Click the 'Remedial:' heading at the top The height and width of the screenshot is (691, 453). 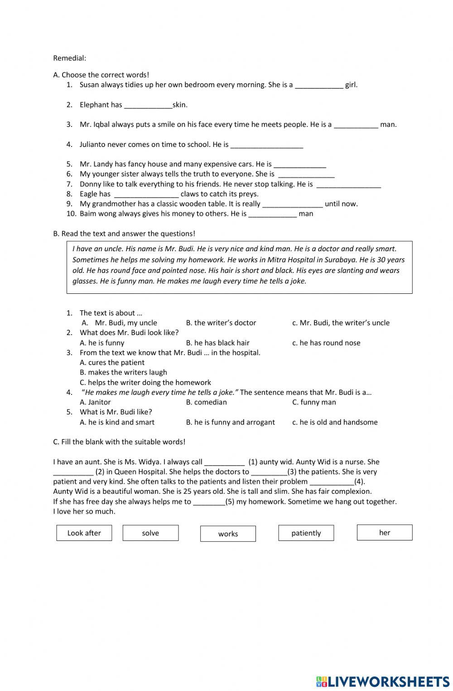click(x=69, y=58)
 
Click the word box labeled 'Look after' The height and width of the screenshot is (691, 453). click(x=84, y=533)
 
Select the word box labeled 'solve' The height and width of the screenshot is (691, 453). click(x=150, y=533)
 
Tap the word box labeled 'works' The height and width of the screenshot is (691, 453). click(x=228, y=534)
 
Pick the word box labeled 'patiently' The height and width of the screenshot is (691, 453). click(x=306, y=533)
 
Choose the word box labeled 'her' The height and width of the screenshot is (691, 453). click(x=385, y=532)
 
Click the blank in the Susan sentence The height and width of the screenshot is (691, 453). click(x=319, y=85)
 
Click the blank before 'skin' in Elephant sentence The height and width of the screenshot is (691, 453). click(x=148, y=105)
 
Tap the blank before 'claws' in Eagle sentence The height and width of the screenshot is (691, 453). click(x=146, y=195)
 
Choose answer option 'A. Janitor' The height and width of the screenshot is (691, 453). click(x=95, y=402)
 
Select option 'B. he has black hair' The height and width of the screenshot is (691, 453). click(x=217, y=343)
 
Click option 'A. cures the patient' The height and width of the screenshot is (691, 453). click(x=112, y=362)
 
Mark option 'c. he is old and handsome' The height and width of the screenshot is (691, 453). click(x=335, y=422)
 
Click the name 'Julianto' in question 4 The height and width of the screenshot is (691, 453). click(x=94, y=145)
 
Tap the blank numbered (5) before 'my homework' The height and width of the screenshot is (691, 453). click(x=209, y=502)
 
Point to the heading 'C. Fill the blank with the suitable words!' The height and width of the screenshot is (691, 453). click(x=119, y=442)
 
